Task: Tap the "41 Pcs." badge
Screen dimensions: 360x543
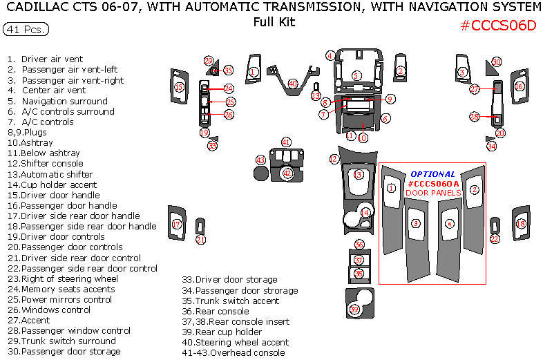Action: tap(26, 30)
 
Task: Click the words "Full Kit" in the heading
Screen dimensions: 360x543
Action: tap(274, 22)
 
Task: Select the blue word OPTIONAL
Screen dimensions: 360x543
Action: tap(432, 174)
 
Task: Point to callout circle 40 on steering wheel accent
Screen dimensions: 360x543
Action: tap(293, 84)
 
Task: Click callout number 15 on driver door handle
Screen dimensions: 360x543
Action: tap(179, 87)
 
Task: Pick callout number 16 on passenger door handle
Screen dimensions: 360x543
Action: tap(520, 86)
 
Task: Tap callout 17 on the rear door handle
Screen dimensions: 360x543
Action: tap(177, 224)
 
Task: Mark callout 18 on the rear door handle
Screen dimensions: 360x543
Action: tap(521, 224)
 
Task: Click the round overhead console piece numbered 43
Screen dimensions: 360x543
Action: tap(260, 170)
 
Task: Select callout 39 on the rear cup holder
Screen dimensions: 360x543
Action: tap(354, 309)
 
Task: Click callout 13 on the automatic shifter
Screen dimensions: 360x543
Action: tap(358, 175)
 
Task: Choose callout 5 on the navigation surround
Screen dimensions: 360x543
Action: tap(356, 75)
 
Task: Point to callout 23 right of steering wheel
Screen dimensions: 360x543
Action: tap(316, 96)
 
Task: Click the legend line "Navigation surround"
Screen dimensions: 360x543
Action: tap(64, 101)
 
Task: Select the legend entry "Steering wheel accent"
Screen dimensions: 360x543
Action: tap(235, 342)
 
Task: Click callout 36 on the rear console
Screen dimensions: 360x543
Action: tap(359, 245)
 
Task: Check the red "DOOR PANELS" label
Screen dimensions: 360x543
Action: tap(432, 193)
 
